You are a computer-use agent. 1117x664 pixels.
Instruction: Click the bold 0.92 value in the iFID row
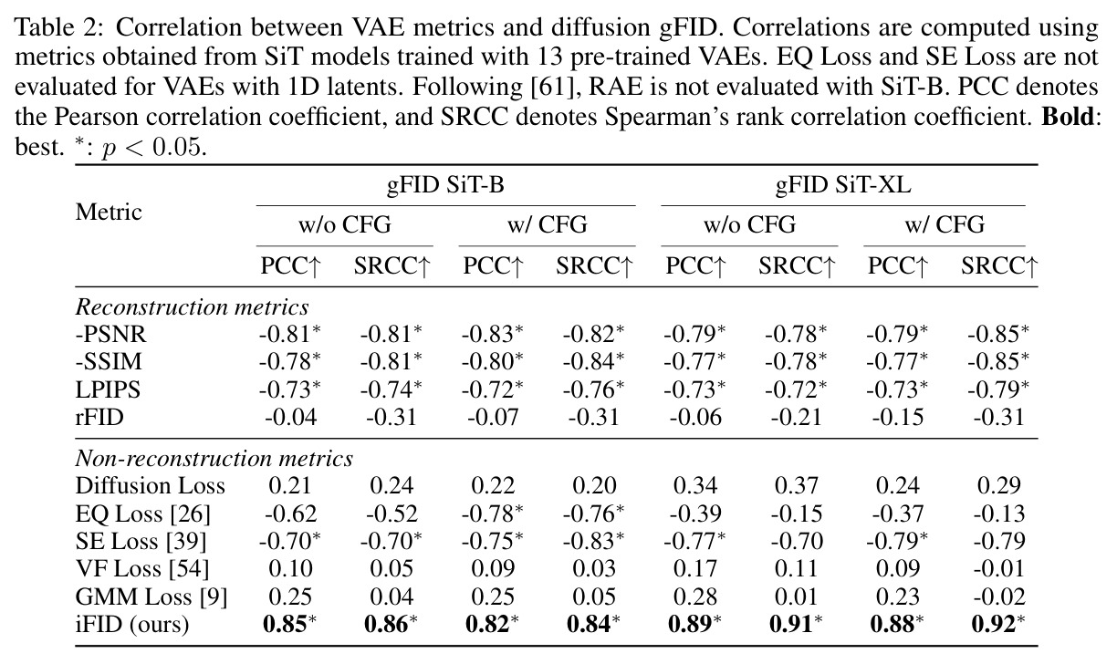[993, 624]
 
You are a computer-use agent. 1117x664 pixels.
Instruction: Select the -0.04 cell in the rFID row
[291, 417]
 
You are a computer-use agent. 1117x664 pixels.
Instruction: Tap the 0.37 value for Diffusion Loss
[797, 485]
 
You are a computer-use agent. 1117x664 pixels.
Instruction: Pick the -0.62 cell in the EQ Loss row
[291, 513]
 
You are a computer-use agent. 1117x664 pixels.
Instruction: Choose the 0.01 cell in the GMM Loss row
[797, 597]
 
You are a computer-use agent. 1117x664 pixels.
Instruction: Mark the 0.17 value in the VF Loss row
[694, 568]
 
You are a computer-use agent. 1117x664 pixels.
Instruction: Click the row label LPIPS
[108, 389]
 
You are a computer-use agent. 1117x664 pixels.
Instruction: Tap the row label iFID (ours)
[132, 624]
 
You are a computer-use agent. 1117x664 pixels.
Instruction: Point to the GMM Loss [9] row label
[151, 597]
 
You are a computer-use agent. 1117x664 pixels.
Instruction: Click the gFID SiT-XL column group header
[843, 185]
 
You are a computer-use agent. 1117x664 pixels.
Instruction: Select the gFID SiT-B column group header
[446, 185]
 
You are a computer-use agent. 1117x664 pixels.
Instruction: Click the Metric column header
[109, 212]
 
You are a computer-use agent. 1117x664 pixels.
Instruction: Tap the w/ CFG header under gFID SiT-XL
[945, 224]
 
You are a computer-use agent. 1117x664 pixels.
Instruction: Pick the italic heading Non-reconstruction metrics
[214, 458]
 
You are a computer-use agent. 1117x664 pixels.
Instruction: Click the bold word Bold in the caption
[1070, 116]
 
